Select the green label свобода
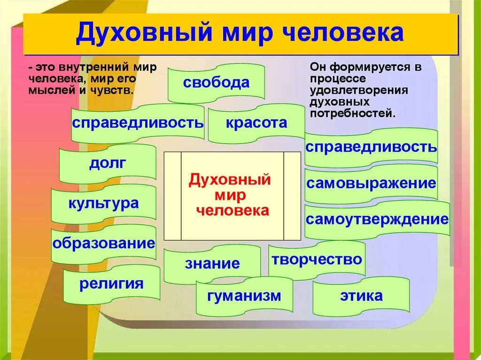click(216, 83)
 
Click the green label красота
click(256, 123)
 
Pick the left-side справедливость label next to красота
click(138, 123)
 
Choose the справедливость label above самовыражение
click(371, 147)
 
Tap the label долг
click(108, 163)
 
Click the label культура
click(103, 203)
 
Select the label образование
click(103, 243)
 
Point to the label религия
click(111, 283)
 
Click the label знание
click(212, 263)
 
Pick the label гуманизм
click(244, 296)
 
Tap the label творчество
click(317, 259)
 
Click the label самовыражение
click(371, 183)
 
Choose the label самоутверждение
click(377, 219)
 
